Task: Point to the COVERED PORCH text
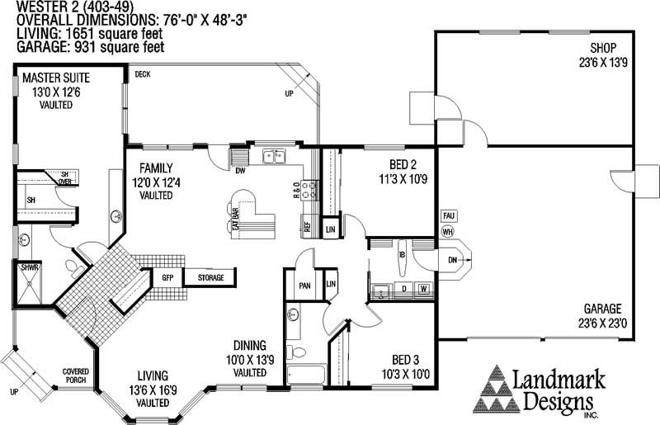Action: [76, 376]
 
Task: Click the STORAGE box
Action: [210, 278]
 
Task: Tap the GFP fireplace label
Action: [167, 278]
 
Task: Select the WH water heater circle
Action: [449, 231]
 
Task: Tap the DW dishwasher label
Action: [241, 172]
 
